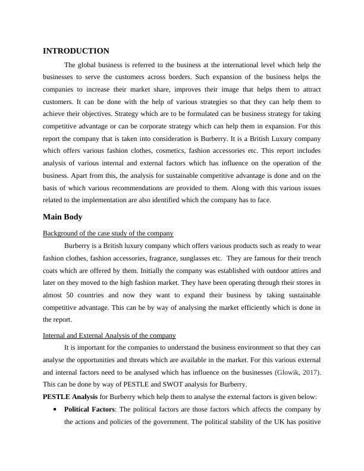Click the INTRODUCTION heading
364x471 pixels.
(x=76, y=51)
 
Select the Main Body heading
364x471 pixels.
(x=62, y=217)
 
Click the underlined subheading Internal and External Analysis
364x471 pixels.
(x=109, y=335)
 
